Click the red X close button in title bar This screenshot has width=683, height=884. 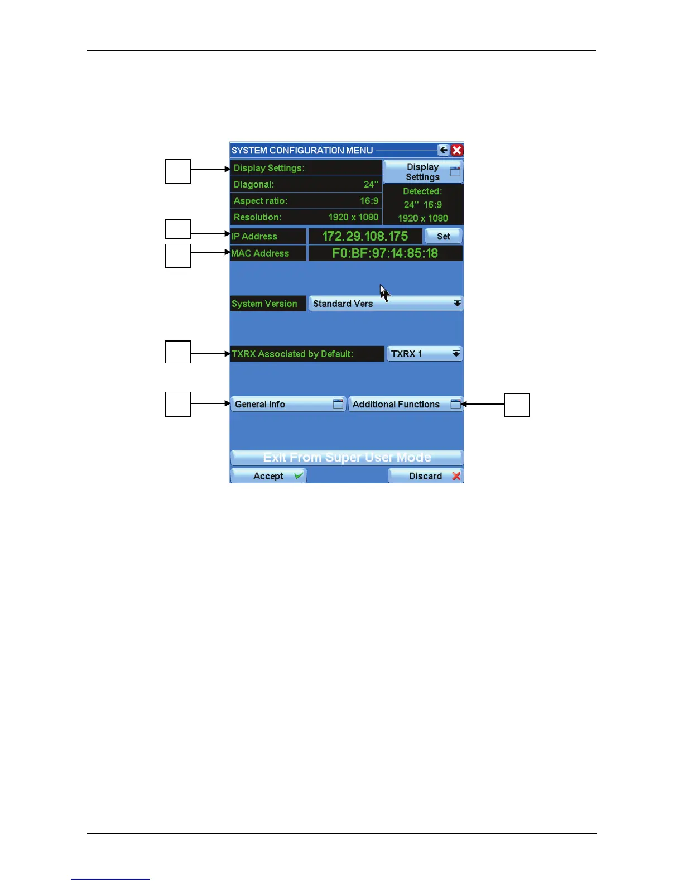click(457, 150)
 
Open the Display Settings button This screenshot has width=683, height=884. click(423, 172)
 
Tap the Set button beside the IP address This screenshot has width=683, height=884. click(444, 236)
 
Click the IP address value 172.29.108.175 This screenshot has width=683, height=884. click(365, 236)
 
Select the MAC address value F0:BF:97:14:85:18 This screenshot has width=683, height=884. click(385, 253)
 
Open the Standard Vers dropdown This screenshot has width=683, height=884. click(386, 304)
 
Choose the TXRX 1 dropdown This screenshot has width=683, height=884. click(425, 354)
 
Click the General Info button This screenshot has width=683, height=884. click(288, 404)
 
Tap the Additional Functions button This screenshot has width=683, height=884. click(406, 404)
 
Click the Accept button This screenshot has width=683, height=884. click(268, 476)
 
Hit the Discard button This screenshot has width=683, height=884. click(426, 476)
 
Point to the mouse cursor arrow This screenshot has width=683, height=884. click(384, 292)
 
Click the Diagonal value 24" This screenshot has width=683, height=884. click(371, 184)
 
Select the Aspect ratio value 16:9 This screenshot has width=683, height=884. click(369, 201)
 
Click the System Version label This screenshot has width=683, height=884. click(264, 304)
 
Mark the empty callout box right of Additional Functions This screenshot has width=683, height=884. click(517, 405)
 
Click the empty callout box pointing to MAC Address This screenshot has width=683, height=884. click(177, 256)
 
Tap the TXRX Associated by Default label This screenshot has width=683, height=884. click(293, 354)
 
